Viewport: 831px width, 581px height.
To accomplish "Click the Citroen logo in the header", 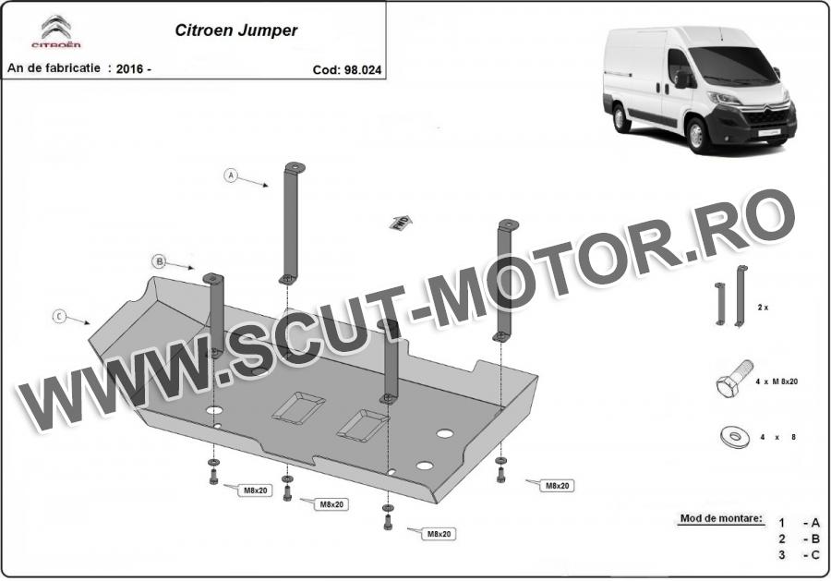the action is tap(55, 31).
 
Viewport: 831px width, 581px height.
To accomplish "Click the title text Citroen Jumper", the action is tap(235, 30).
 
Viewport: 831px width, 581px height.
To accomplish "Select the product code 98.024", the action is tap(363, 70).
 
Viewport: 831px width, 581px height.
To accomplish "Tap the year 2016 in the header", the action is tap(130, 69).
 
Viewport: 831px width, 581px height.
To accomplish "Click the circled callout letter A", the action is tap(231, 175).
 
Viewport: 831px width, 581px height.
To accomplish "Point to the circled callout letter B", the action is tap(159, 261).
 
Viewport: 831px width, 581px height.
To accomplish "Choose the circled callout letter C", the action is tap(59, 317).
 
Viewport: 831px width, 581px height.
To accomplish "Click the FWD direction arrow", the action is tap(401, 223).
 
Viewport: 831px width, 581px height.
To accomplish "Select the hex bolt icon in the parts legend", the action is tap(734, 379).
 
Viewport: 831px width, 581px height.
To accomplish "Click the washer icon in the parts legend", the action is tap(735, 437).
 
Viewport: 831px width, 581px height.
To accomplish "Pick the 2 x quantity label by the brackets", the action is tap(764, 308).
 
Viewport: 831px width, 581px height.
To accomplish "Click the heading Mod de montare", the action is tap(722, 518).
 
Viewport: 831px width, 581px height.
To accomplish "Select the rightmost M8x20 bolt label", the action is tap(557, 486).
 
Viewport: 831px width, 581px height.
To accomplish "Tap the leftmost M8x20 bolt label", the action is tap(255, 490).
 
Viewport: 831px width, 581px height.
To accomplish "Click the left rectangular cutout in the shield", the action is tap(298, 408).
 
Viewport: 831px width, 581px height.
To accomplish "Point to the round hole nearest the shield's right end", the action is tap(445, 433).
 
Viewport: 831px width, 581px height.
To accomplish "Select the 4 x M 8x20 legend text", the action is tap(777, 381).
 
